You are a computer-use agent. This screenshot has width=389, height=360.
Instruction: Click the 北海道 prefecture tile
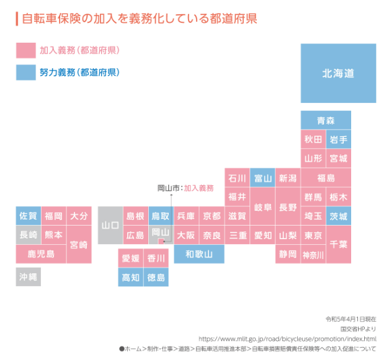pyautogui.click(x=338, y=73)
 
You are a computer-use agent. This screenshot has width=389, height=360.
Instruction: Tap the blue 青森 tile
pyautogui.click(x=326, y=120)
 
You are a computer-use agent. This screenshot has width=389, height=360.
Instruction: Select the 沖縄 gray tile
pyautogui.click(x=28, y=276)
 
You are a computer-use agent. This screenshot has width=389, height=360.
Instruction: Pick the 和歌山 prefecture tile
pyautogui.click(x=199, y=254)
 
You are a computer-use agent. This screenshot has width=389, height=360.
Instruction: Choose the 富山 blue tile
pyautogui.click(x=262, y=178)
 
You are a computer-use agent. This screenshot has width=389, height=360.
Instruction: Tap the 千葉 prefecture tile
pyautogui.click(x=339, y=244)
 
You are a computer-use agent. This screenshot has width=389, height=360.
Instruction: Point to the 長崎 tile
pyautogui.click(x=28, y=235)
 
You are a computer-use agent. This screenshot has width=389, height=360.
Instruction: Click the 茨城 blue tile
pyautogui.click(x=339, y=216)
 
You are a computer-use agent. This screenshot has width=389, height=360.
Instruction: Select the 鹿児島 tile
pyautogui.click(x=41, y=254)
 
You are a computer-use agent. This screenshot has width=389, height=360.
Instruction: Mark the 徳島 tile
pyautogui.click(x=156, y=277)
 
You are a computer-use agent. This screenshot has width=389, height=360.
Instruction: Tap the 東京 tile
pyautogui.click(x=313, y=235)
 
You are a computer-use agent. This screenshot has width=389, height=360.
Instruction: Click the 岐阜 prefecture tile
pyautogui.click(x=262, y=207)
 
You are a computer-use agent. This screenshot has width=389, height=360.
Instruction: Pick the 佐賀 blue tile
pyautogui.click(x=28, y=216)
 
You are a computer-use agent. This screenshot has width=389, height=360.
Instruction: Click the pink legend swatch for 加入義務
pyautogui.click(x=25, y=50)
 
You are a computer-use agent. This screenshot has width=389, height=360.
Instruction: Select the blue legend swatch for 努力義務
pyautogui.click(x=25, y=72)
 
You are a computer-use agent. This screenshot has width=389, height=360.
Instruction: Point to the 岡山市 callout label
pyautogui.click(x=168, y=188)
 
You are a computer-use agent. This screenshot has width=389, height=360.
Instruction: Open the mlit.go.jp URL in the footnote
pyautogui.click(x=287, y=339)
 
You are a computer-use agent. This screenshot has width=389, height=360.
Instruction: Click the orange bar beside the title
pyautogui.click(x=17, y=18)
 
